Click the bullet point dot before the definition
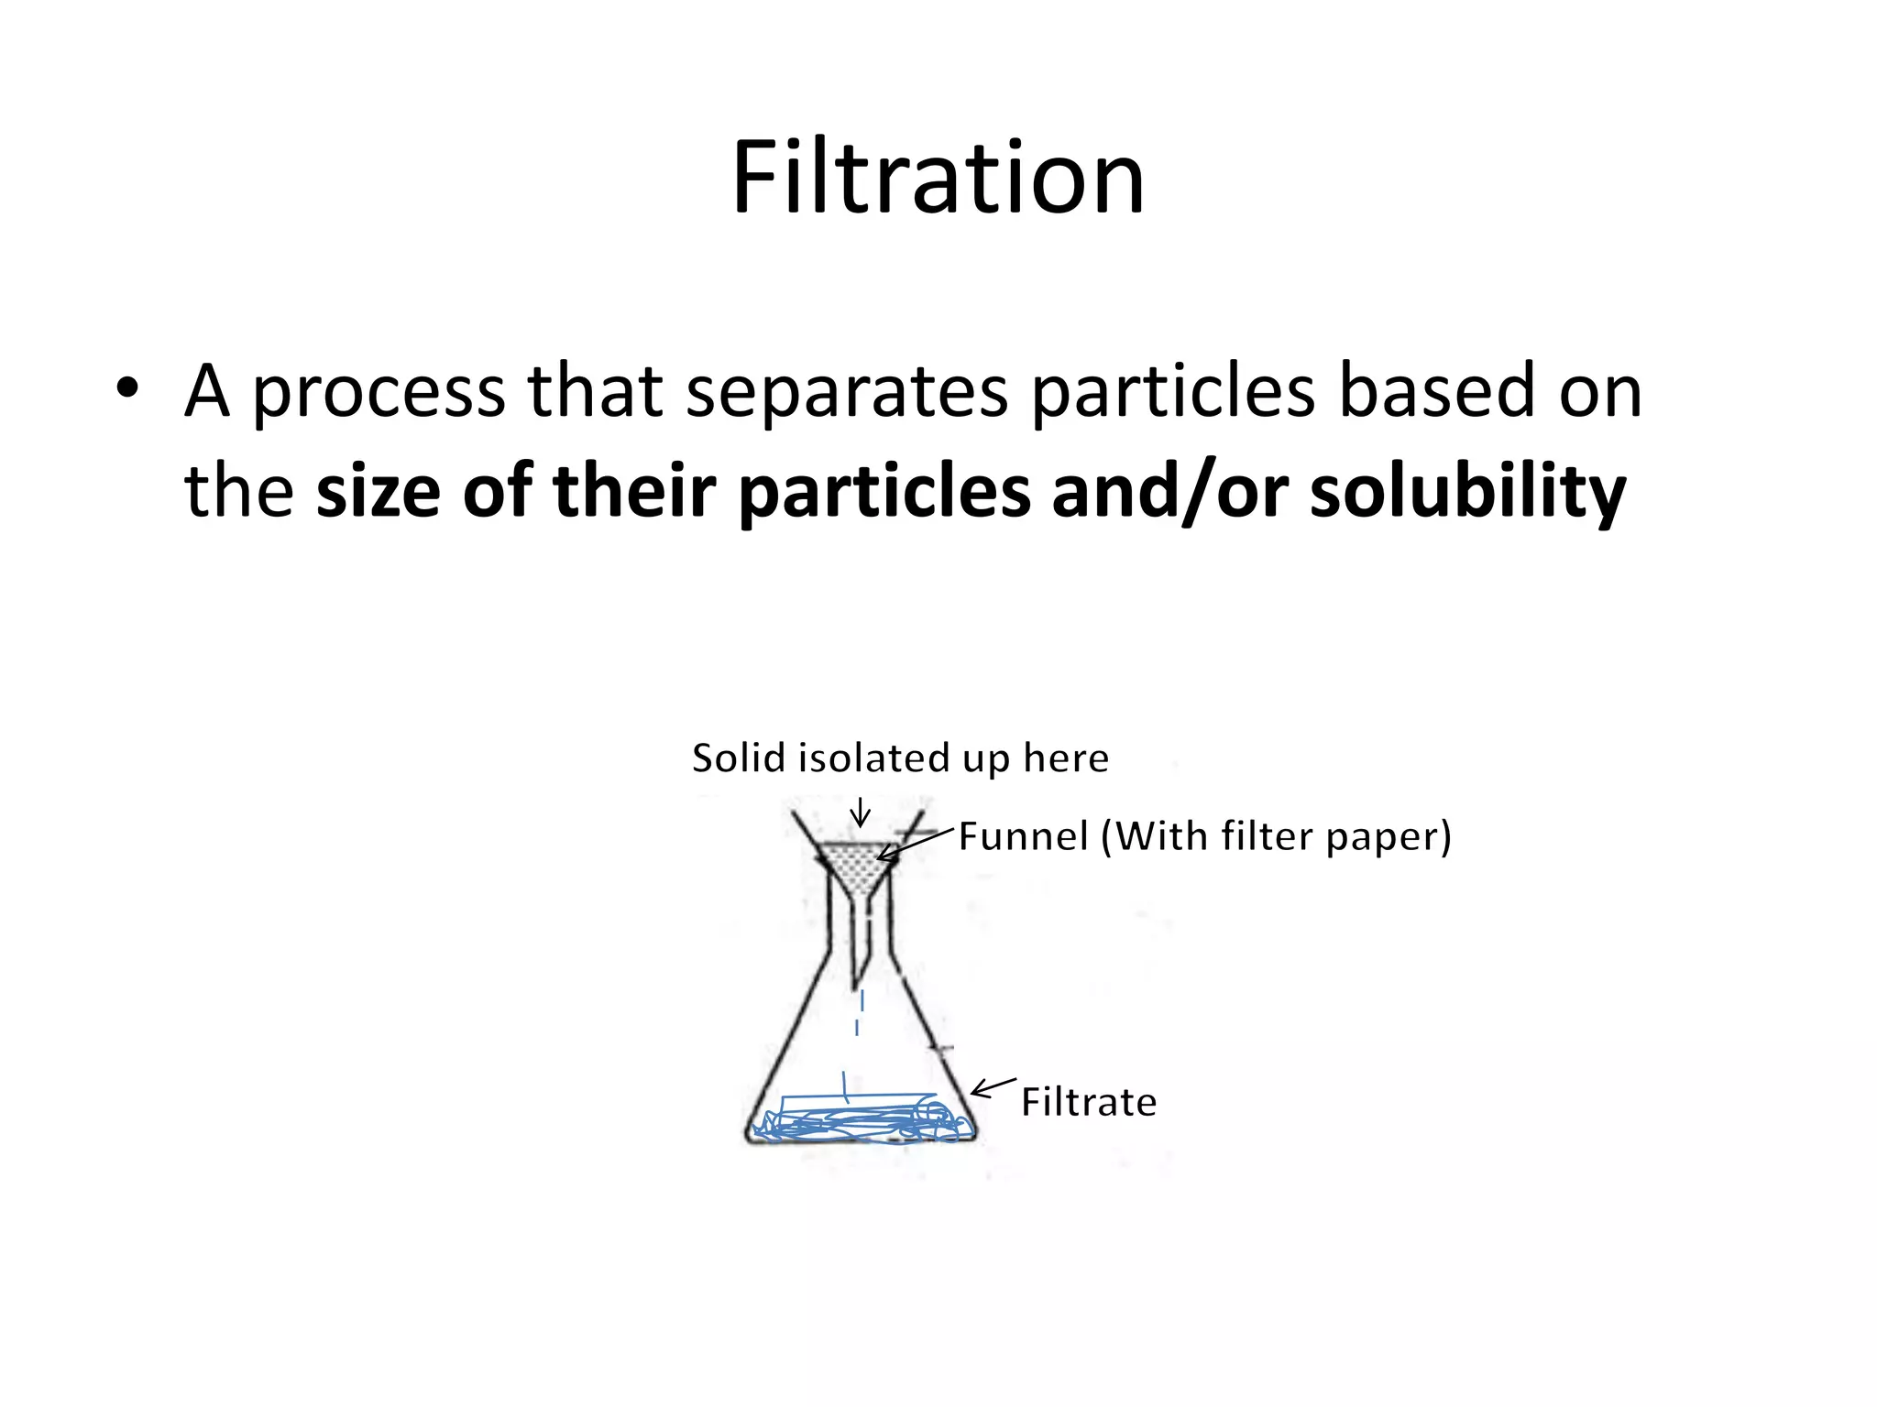pyautogui.click(x=127, y=388)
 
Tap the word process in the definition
pyautogui.click(x=378, y=392)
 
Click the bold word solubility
pyautogui.click(x=1467, y=493)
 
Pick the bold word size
pyautogui.click(x=378, y=491)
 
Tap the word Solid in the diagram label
pyautogui.click(x=739, y=758)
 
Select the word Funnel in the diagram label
pyautogui.click(x=1023, y=836)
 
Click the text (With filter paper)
pyautogui.click(x=1276, y=837)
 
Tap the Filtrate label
pyautogui.click(x=1089, y=1102)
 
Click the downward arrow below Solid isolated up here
pyautogui.click(x=860, y=813)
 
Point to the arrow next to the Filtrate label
pyautogui.click(x=993, y=1087)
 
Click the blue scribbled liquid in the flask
pyautogui.click(x=862, y=1120)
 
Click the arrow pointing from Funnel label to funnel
pyautogui.click(x=915, y=844)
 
